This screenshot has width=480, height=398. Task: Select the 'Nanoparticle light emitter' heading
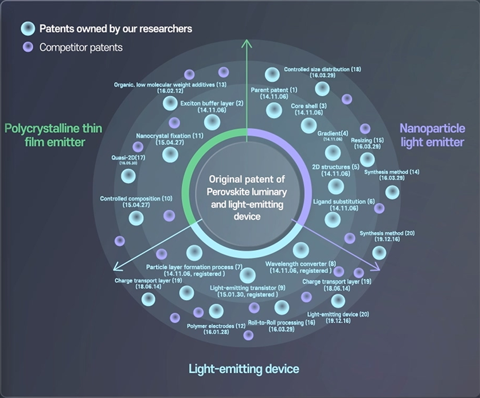(432, 134)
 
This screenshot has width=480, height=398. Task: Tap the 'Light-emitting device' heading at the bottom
(244, 369)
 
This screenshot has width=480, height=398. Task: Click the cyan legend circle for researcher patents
(28, 29)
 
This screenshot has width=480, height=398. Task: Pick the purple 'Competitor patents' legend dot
(27, 48)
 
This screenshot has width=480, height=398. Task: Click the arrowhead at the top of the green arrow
(247, 43)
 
